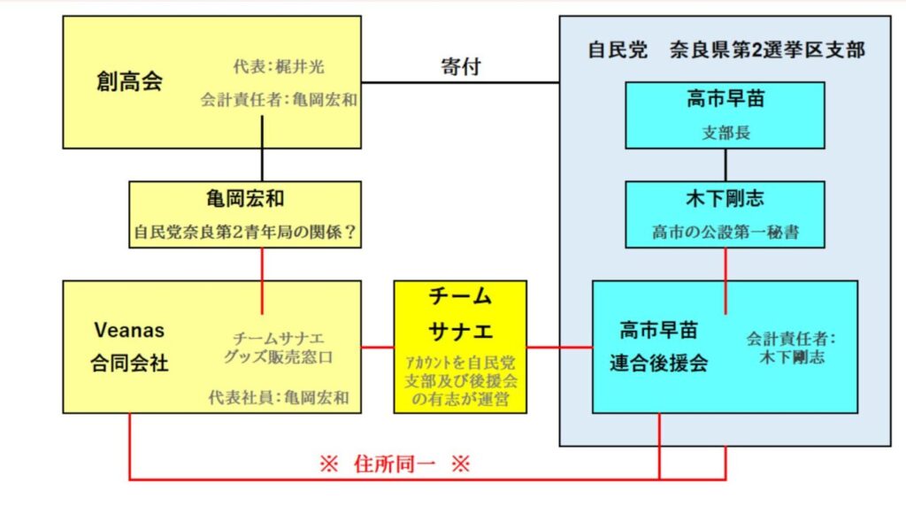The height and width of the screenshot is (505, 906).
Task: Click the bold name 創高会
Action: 129,82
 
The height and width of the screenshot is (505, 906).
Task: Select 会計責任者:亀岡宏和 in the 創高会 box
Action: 279,100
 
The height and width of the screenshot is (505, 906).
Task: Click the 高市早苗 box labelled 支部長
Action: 725,114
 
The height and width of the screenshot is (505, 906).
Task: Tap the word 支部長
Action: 725,134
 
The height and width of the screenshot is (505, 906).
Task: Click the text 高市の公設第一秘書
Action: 725,233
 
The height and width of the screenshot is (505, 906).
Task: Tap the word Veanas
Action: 129,330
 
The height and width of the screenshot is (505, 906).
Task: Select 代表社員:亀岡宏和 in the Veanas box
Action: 279,398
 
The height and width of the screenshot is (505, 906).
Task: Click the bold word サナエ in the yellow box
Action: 460,333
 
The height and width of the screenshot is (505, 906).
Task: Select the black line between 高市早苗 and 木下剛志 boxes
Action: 726,165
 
